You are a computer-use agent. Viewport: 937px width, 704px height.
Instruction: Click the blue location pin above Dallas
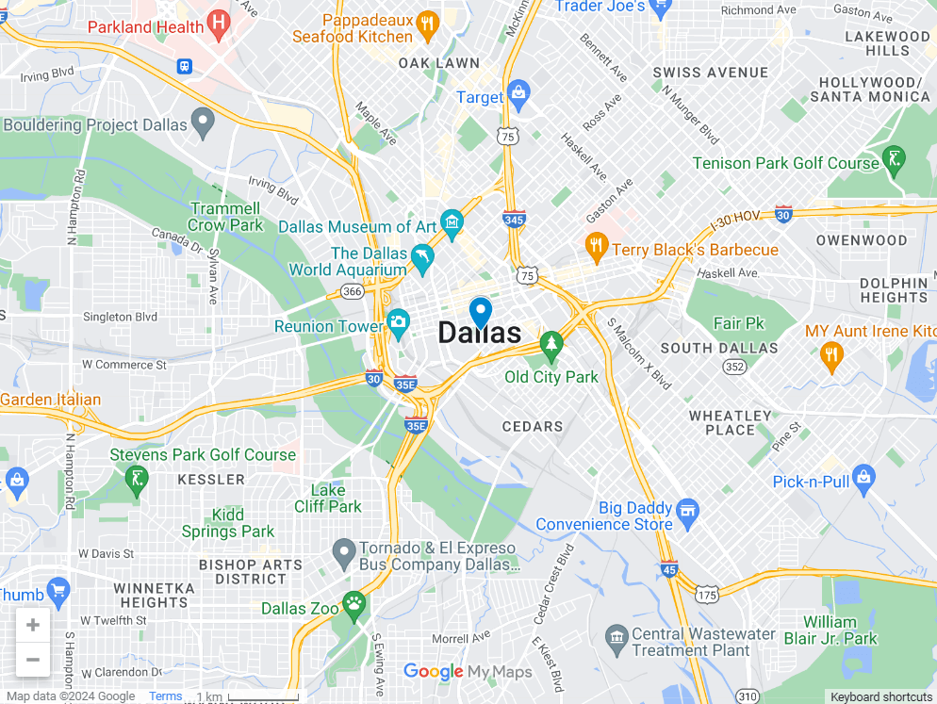click(481, 311)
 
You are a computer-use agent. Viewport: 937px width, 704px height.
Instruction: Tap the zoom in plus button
click(33, 625)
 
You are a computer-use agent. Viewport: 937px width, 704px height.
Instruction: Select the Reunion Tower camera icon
click(398, 322)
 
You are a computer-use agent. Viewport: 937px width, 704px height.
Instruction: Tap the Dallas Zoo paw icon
click(354, 603)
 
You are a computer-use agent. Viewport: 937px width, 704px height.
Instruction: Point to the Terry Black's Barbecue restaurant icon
click(596, 247)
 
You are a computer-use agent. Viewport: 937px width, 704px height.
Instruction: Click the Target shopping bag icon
click(518, 92)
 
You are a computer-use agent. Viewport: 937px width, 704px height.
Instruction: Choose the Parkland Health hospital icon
click(219, 22)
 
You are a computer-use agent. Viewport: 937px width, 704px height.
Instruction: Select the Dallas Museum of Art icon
click(452, 224)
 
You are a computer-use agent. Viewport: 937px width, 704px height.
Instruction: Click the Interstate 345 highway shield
click(514, 220)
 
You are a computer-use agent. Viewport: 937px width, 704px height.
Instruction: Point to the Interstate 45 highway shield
click(668, 568)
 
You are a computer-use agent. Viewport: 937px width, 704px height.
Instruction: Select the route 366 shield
click(353, 292)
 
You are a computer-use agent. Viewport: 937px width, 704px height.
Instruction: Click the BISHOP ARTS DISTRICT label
click(251, 572)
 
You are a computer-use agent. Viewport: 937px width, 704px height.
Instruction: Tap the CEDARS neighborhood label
click(533, 426)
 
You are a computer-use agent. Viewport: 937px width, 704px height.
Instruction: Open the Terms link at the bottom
click(166, 696)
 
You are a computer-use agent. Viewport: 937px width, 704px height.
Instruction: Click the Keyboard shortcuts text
click(881, 696)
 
